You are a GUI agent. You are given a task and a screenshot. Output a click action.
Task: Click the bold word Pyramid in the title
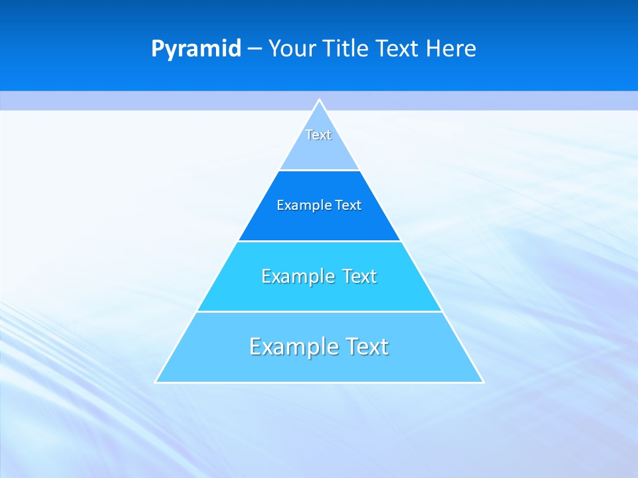pyautogui.click(x=195, y=49)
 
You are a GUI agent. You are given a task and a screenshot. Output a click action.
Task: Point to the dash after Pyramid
pyautogui.click(x=254, y=49)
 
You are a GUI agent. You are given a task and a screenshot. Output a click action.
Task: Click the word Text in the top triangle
pyautogui.click(x=318, y=135)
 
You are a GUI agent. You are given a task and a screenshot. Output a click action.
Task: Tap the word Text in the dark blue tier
pyautogui.click(x=348, y=205)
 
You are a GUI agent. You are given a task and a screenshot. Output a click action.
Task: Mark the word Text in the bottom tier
pyautogui.click(x=364, y=347)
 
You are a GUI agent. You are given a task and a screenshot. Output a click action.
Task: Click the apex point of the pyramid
pyautogui.click(x=319, y=100)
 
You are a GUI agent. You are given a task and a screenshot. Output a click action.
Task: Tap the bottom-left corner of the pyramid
pyautogui.click(x=156, y=382)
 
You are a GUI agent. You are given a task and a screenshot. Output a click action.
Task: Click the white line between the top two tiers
pyautogui.click(x=319, y=171)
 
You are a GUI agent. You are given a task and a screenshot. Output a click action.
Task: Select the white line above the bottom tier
pyautogui.click(x=319, y=311)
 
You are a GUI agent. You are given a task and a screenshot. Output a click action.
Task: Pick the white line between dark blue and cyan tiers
pyautogui.click(x=319, y=241)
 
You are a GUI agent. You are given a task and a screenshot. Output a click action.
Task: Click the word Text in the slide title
pyautogui.click(x=397, y=49)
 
